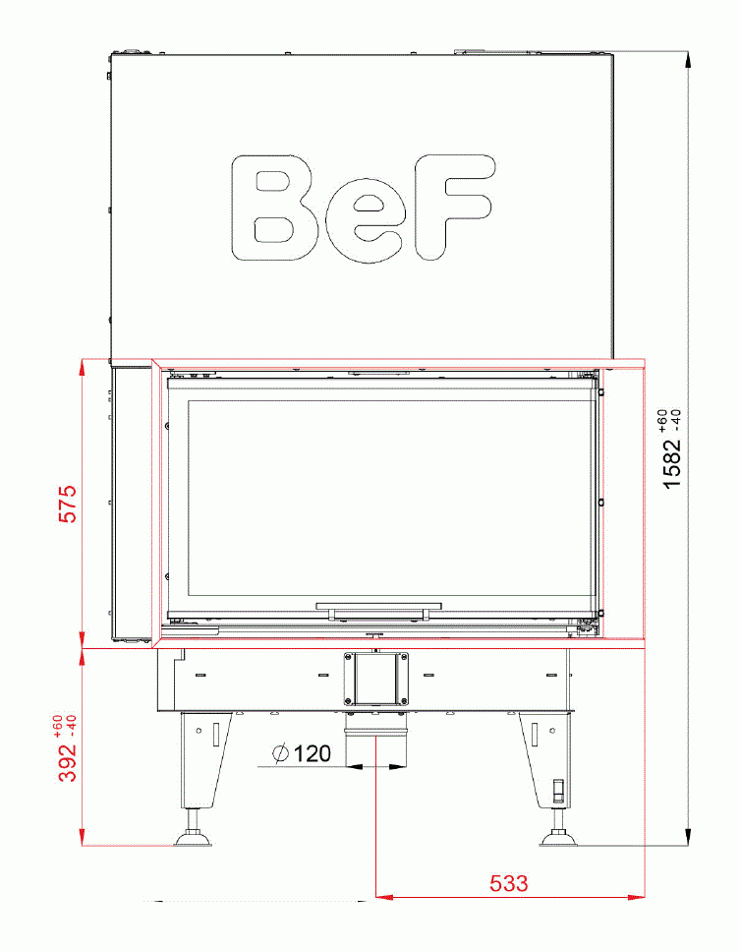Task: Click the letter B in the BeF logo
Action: (267, 208)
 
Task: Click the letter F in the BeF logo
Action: (450, 207)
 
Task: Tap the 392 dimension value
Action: (68, 762)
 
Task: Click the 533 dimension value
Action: (509, 883)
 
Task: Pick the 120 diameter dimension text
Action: (313, 754)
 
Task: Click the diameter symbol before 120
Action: (281, 754)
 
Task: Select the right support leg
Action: (543, 757)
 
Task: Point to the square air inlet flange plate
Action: (374, 679)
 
